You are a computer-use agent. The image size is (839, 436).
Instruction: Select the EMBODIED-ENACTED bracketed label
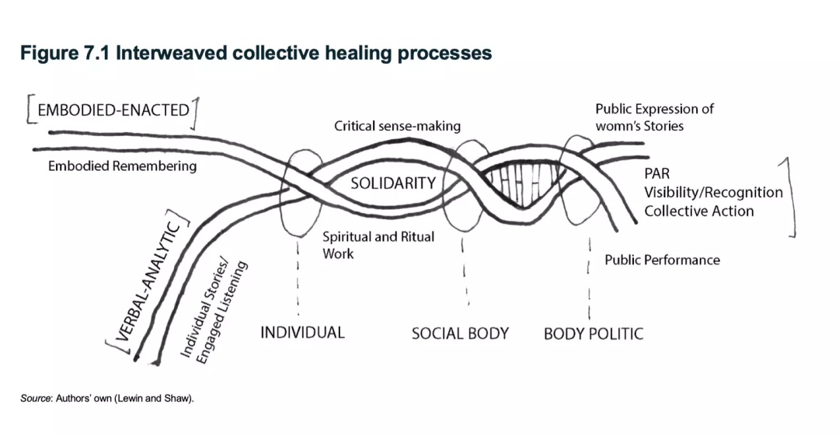pyautogui.click(x=113, y=110)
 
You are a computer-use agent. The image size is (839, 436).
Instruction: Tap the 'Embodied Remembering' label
pyautogui.click(x=122, y=166)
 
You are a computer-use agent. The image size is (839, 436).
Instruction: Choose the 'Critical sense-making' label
pyautogui.click(x=397, y=125)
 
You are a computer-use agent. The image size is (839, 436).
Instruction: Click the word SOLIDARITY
pyautogui.click(x=392, y=183)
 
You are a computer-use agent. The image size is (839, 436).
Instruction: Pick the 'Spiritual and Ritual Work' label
pyautogui.click(x=378, y=244)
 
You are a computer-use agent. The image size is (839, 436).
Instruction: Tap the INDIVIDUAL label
pyautogui.click(x=301, y=333)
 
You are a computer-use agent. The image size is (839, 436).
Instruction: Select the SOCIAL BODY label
pyautogui.click(x=460, y=333)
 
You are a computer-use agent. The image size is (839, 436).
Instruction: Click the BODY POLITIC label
pyautogui.click(x=594, y=334)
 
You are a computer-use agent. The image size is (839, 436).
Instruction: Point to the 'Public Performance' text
pyautogui.click(x=662, y=260)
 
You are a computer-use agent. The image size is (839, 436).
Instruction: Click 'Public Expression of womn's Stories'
pyautogui.click(x=654, y=117)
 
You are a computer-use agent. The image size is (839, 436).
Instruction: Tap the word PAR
pyautogui.click(x=657, y=173)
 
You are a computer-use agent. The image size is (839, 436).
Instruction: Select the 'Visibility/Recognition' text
pyautogui.click(x=713, y=192)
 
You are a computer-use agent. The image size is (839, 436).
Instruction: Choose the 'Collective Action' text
pyautogui.click(x=698, y=211)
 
